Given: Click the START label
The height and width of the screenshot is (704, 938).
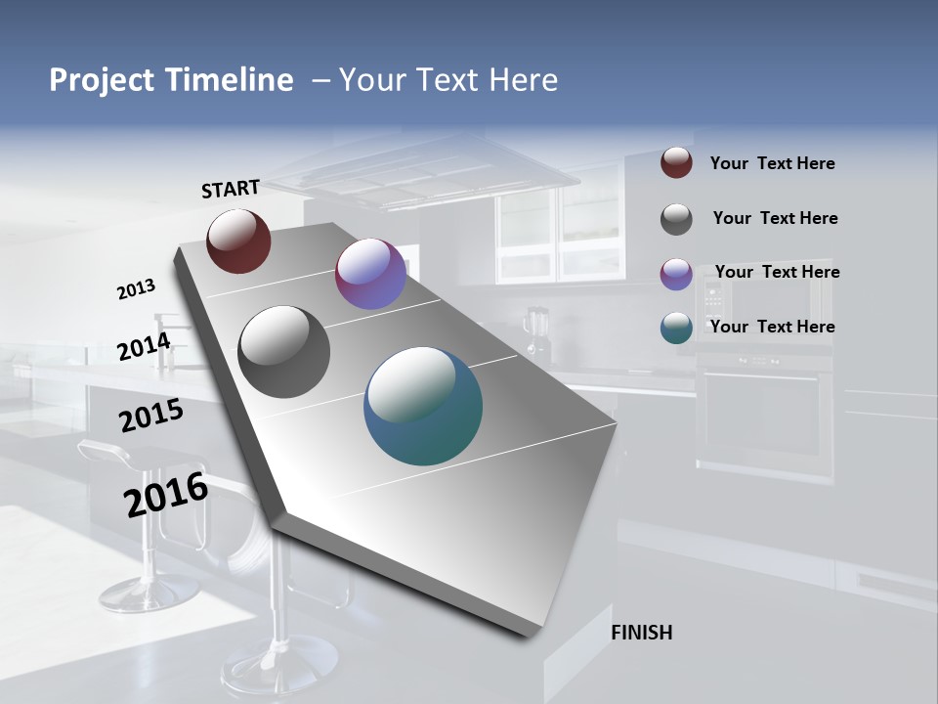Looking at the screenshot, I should pos(231,189).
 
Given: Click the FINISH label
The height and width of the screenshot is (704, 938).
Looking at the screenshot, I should pos(641,633).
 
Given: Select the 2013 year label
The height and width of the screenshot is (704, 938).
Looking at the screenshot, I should pos(136,289).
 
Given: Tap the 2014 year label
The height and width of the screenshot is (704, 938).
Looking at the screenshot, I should pos(144,346).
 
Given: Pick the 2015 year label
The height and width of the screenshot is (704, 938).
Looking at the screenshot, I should pos(150,416).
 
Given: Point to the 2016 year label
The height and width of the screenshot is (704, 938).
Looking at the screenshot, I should pos(165,495).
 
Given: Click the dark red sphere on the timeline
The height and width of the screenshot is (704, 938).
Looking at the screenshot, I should pos(238,241).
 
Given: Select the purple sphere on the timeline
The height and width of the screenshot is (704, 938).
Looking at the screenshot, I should pos(370,274).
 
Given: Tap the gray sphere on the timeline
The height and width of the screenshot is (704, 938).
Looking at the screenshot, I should pos(283,352).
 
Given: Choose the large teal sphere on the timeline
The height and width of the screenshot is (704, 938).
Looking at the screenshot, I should pos(423,406).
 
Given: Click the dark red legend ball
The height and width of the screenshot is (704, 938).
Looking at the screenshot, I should pos(676,163).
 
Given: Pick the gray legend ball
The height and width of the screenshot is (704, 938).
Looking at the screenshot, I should pos(676,219).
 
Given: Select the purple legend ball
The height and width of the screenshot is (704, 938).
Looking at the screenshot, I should pos(676,274).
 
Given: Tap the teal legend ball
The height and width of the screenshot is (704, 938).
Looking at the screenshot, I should pos(676,328).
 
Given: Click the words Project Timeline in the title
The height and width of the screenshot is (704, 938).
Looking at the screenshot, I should pos(171,80).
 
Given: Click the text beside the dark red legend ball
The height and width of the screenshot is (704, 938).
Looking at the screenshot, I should pos(772,164).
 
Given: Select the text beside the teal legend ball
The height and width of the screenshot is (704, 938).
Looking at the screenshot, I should pos(772,327).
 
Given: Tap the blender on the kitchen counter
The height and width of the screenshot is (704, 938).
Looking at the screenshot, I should pos(535,332).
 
